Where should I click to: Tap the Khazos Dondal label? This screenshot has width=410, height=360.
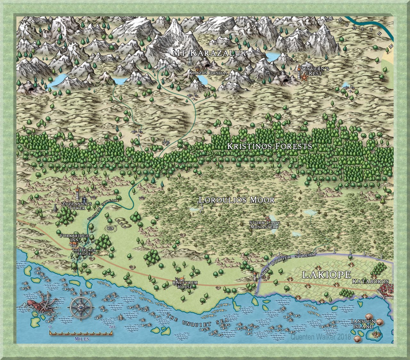coord(208,73)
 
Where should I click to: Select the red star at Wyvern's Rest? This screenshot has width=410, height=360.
coord(303,77)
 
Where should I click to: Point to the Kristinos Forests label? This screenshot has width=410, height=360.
coord(269,147)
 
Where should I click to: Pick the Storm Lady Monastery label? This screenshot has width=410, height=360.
coord(264,225)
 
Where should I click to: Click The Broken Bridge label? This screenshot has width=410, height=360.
coord(82,252)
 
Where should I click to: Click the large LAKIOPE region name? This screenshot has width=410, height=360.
coord(327,275)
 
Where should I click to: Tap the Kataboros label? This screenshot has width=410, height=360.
coord(370,281)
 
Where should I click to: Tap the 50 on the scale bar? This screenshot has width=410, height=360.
coord(112,327)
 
